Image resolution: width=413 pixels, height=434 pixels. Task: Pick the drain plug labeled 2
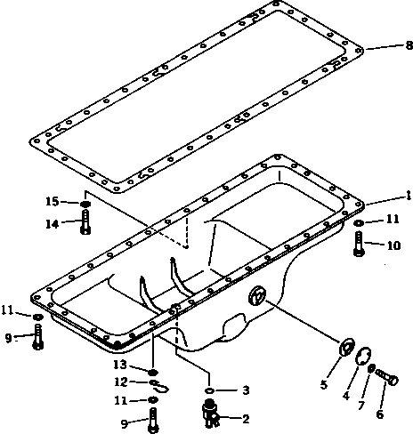pos(211,412)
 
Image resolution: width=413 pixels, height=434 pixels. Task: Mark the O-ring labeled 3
pos(207,390)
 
